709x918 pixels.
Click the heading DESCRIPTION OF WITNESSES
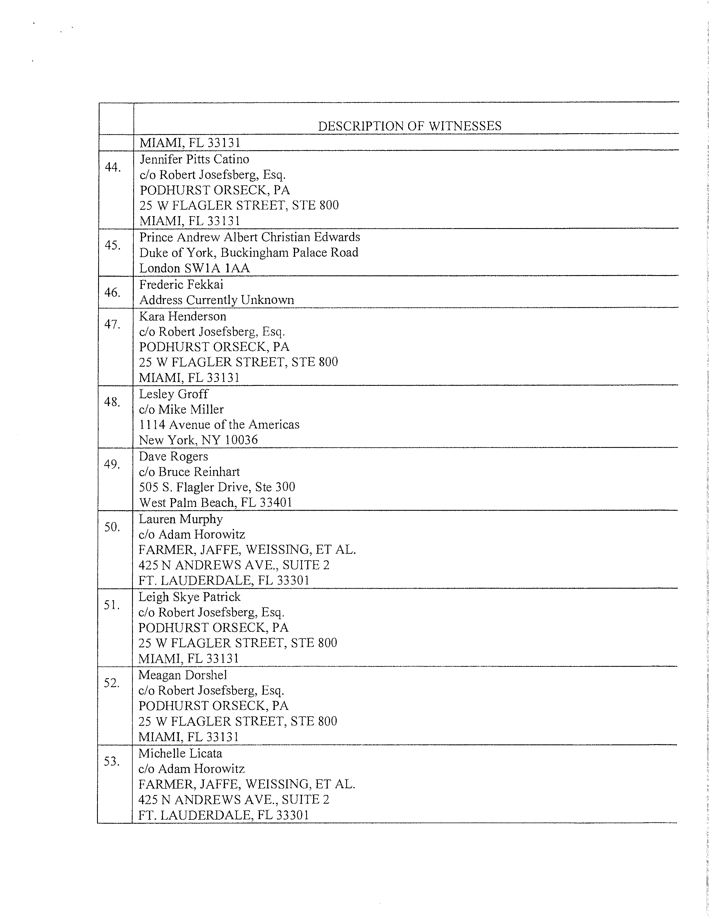tap(410, 126)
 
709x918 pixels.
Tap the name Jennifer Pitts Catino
tap(194, 159)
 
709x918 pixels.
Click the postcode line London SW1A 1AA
tap(194, 268)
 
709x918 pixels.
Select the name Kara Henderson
tap(182, 316)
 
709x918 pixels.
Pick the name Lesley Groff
tap(173, 394)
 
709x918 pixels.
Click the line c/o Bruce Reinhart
tap(189, 472)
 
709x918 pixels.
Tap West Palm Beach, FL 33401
tap(215, 503)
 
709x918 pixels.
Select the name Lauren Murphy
tap(181, 519)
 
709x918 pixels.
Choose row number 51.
tap(112, 605)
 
